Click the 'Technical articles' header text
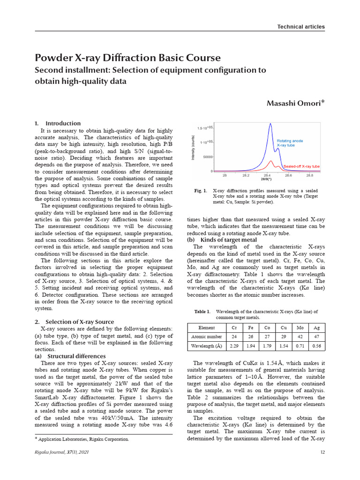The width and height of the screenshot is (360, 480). coord(300,27)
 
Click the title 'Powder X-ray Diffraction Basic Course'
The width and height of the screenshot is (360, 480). coord(127,58)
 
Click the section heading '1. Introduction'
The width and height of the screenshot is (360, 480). coord(58,123)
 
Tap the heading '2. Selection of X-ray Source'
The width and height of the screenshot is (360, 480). coord(75,322)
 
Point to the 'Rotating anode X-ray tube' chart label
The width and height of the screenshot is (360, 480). coord(290,143)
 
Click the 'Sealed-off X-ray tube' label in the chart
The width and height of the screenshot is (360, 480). coord(301,166)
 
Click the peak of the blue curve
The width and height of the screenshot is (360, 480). coord(270,124)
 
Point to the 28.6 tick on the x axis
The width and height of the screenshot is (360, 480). coord(288,175)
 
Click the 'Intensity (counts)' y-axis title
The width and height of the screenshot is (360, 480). coord(193,148)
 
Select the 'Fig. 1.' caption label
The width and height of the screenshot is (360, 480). coord(200,191)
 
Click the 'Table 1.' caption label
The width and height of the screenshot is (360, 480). coord(202,311)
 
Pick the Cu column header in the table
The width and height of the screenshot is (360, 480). coord(283,328)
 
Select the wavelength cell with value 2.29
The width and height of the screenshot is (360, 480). coord(233,346)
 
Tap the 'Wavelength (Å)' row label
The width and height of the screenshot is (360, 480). coord(206,346)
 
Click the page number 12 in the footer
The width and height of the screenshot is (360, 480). coord(322,452)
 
